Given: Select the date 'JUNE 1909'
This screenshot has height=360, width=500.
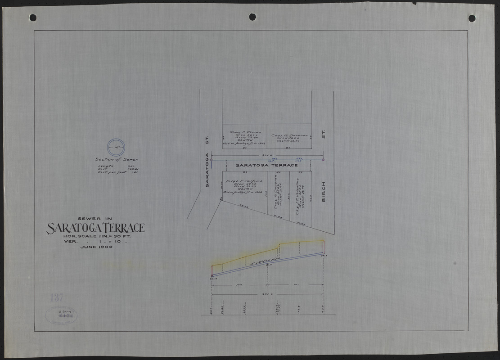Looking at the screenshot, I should (x=96, y=247).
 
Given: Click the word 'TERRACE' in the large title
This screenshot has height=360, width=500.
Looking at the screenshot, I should (x=122, y=228).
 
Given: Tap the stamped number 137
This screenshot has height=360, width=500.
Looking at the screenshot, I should (x=57, y=297).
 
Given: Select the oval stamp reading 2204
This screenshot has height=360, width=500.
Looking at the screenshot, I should (x=61, y=315).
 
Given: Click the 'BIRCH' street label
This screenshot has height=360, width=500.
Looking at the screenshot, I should (x=323, y=190).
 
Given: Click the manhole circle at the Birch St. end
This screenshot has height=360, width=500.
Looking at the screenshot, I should (x=324, y=160).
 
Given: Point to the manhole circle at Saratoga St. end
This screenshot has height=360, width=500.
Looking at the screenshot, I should (x=212, y=160).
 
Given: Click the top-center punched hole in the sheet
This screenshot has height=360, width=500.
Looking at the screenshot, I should (x=252, y=17).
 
